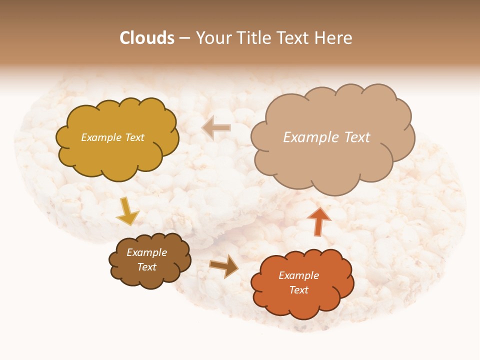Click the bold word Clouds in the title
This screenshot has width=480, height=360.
pos(147,38)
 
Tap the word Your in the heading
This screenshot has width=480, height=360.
pos(213,38)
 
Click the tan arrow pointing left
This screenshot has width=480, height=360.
pos(216,127)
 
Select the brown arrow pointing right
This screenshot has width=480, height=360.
pos(223,265)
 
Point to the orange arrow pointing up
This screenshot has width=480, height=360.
pos(319,220)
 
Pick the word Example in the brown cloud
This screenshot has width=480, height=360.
pos(147,252)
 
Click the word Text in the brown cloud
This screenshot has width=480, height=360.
pos(147,267)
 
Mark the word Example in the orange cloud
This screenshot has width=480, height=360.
pos(298,275)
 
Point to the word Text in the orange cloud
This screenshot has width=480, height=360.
pos(298,290)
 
